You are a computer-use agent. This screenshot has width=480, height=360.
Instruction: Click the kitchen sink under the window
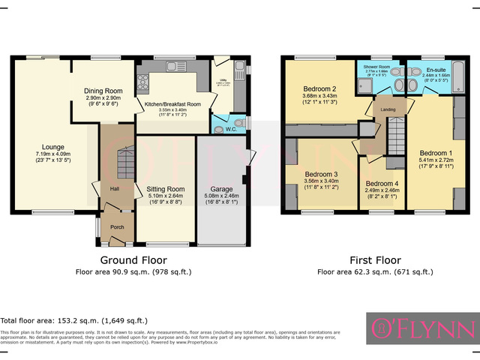(x=177, y=66)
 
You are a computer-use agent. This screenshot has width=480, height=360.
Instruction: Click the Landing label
(x=388, y=109)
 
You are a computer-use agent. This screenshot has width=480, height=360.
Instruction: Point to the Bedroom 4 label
(x=382, y=184)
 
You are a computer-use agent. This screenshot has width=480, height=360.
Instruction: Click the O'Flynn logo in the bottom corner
(x=422, y=328)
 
